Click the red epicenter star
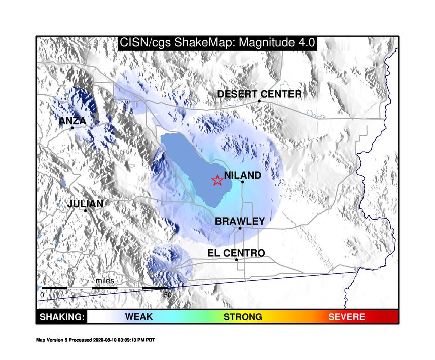tap(217, 180)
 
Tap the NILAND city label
tap(243, 175)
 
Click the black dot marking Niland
tap(243, 182)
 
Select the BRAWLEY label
tap(240, 221)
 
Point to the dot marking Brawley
tap(240, 228)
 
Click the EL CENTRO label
tap(236, 253)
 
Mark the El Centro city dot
tap(236, 260)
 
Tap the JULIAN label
tap(85, 204)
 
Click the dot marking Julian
tap(85, 211)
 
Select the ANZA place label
tap(72, 121)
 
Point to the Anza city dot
tap(72, 128)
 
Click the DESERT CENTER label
tap(259, 94)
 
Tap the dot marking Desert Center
tap(259, 101)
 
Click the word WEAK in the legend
tap(139, 317)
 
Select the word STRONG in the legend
tap(243, 317)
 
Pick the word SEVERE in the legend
tap(346, 317)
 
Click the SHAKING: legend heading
tap(62, 317)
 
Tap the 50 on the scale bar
tap(168, 295)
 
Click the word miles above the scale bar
tap(105, 281)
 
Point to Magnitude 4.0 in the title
tap(276, 43)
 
